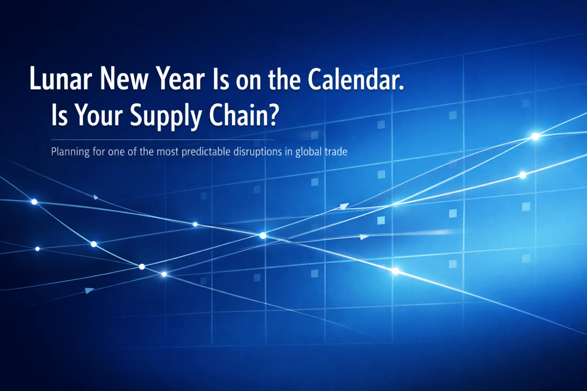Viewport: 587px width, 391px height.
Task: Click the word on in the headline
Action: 248,81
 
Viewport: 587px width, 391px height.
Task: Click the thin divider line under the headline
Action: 163,140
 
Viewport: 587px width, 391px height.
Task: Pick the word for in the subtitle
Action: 99,152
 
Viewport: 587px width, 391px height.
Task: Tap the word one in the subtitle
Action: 116,152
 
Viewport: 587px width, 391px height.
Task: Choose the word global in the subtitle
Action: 309,152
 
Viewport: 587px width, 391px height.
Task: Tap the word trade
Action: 336,152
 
